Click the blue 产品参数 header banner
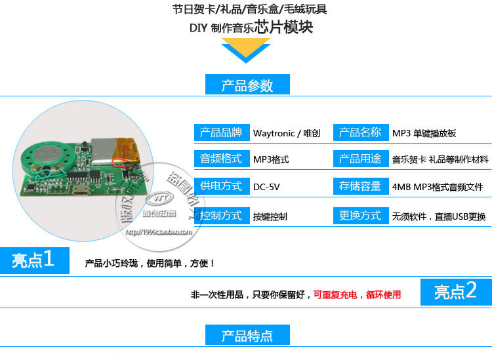click(247, 85)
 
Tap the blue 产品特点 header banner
click(247, 336)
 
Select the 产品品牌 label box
click(222, 132)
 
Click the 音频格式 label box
click(222, 159)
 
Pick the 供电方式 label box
click(222, 186)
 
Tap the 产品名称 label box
click(360, 132)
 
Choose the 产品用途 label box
click(360, 159)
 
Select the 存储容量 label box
click(360, 186)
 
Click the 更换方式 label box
click(360, 215)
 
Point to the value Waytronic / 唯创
click(287, 133)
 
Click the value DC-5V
click(266, 187)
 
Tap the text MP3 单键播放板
click(424, 133)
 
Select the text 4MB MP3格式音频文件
click(438, 187)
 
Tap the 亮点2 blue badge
click(455, 292)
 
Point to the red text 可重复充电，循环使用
click(357, 295)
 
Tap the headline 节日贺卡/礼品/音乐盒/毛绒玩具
click(249, 9)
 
